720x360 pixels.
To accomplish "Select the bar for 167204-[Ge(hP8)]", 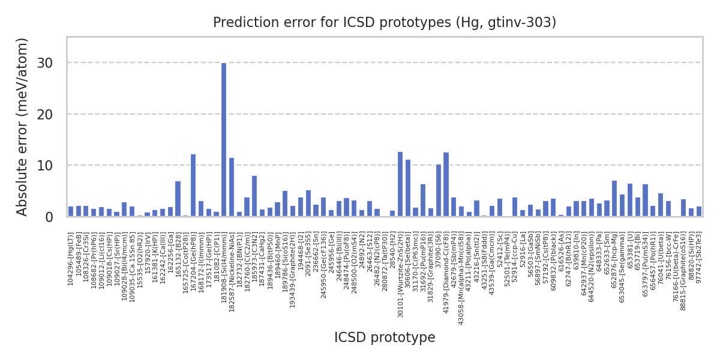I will pyautogui.click(x=193, y=185).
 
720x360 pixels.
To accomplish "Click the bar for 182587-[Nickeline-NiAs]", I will pyautogui.click(x=232, y=187).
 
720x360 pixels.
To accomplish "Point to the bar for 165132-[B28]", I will pyautogui.click(x=178, y=199).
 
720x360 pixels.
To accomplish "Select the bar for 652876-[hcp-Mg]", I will pyautogui.click(x=614, y=199).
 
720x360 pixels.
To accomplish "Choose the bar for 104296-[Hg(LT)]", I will pyautogui.click(x=71, y=211).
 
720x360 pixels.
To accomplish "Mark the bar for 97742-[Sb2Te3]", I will pyautogui.click(x=698, y=211).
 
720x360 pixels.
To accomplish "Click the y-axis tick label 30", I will pyautogui.click(x=46, y=63).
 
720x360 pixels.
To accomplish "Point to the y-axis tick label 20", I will pyautogui.click(x=46, y=114).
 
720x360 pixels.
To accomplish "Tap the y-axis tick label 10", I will pyautogui.click(x=46, y=166).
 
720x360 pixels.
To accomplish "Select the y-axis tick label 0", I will pyautogui.click(x=49, y=217).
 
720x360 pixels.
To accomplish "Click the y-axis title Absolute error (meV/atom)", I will pyautogui.click(x=23, y=127).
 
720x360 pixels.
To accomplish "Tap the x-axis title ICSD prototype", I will pyautogui.click(x=385, y=338).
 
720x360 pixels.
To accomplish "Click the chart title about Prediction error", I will pyautogui.click(x=385, y=23).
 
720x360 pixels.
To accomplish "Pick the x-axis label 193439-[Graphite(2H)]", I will pyautogui.click(x=292, y=270).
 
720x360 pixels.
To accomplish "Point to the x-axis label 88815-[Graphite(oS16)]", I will pyautogui.click(x=683, y=271).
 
